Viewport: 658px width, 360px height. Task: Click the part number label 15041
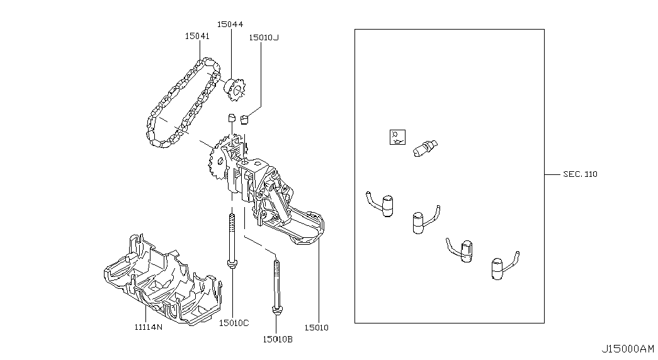[197, 36]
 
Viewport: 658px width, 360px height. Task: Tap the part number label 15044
[230, 24]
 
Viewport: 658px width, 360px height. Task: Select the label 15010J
[264, 37]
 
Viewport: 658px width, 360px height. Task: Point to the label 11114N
[148, 327]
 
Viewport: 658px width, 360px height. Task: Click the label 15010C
[234, 323]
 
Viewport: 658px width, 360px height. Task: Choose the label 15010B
[278, 339]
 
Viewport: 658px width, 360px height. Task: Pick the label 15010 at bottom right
[316, 327]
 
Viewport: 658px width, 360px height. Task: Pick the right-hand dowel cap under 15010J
[245, 118]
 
